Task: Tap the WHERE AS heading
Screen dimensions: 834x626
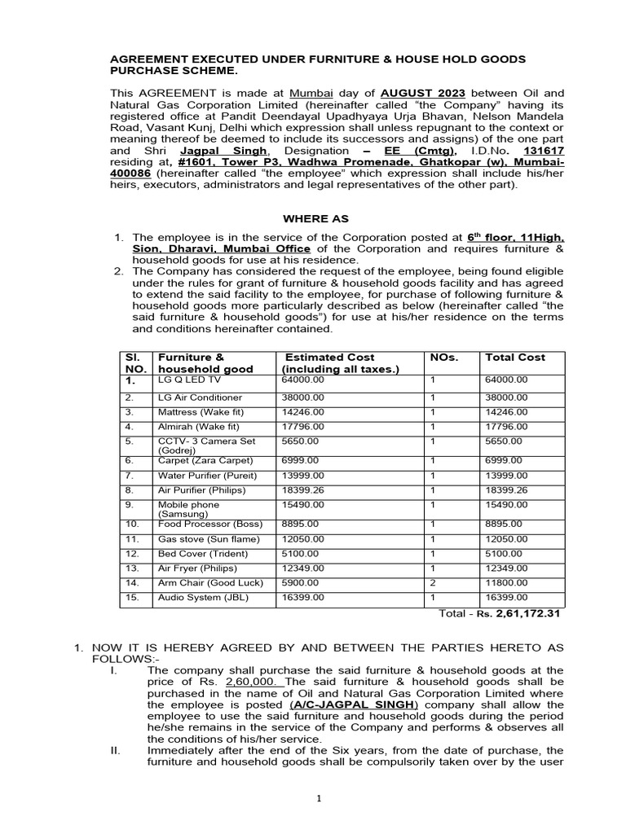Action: click(315, 219)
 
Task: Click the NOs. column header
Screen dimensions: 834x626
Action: click(444, 357)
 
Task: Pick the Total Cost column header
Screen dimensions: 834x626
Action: click(515, 357)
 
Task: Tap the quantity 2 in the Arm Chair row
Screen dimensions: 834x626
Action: click(433, 583)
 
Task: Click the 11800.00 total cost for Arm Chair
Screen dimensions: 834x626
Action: click(506, 583)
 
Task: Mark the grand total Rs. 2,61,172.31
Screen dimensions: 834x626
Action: click(521, 613)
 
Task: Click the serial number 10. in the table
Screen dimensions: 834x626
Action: click(132, 524)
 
